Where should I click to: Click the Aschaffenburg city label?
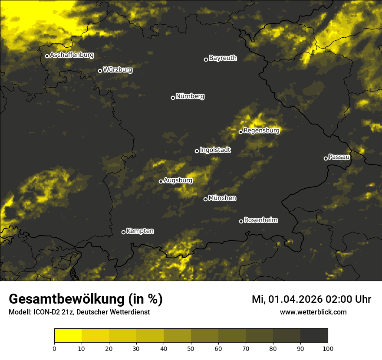click(72, 55)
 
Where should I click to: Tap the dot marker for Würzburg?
click(100, 71)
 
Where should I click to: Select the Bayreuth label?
click(223, 58)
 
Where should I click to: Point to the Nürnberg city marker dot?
click(173, 98)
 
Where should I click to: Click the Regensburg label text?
click(261, 131)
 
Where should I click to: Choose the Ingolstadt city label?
click(215, 150)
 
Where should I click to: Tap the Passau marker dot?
click(326, 158)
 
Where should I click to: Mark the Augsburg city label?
click(178, 180)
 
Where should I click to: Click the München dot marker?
click(205, 199)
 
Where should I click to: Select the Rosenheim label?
click(260, 220)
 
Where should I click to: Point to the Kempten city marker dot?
click(123, 232)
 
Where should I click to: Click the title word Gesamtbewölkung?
click(66, 299)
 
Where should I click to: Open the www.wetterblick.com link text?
click(313, 312)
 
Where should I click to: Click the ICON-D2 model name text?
click(46, 312)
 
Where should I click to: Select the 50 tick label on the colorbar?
click(191, 348)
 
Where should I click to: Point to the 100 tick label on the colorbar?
click(327, 348)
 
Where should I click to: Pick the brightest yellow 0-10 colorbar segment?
click(68, 336)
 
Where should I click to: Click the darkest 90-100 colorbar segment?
click(314, 336)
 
